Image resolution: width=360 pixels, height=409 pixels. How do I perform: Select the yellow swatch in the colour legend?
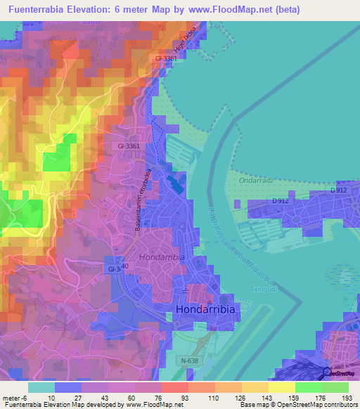tap(281, 387)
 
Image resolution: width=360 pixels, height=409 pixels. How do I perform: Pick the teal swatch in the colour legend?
tap(41, 387)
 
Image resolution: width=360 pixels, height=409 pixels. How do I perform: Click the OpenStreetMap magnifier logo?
tap(327, 375)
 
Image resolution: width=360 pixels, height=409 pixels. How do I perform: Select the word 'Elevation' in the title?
tap(110, 9)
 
